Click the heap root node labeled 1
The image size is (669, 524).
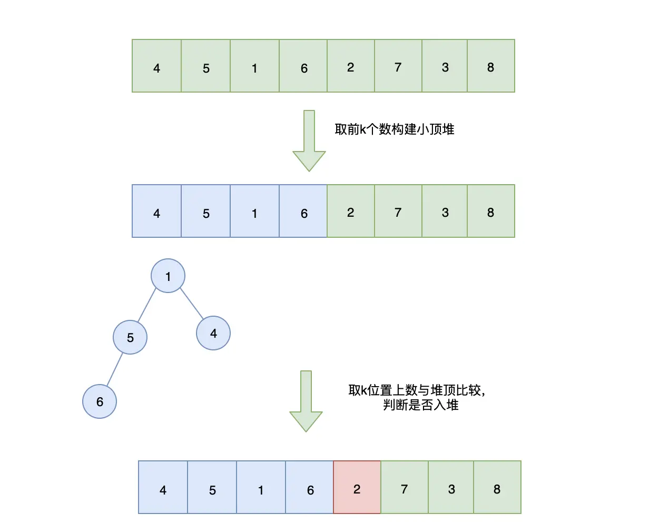pyautogui.click(x=168, y=276)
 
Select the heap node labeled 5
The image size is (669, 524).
pyautogui.click(x=130, y=337)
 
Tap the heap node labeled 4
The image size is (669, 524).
pyautogui.click(x=213, y=333)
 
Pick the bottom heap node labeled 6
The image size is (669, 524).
pyautogui.click(x=100, y=401)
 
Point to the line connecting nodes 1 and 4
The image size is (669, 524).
pyautogui.click(x=192, y=304)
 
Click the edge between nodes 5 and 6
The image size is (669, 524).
pyautogui.click(x=115, y=369)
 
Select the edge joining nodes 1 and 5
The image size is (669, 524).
pyautogui.click(x=147, y=306)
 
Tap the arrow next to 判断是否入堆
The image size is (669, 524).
pyautogui.click(x=306, y=400)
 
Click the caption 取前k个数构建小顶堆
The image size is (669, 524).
pyautogui.click(x=395, y=129)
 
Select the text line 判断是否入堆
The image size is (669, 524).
pyautogui.click(x=421, y=405)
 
